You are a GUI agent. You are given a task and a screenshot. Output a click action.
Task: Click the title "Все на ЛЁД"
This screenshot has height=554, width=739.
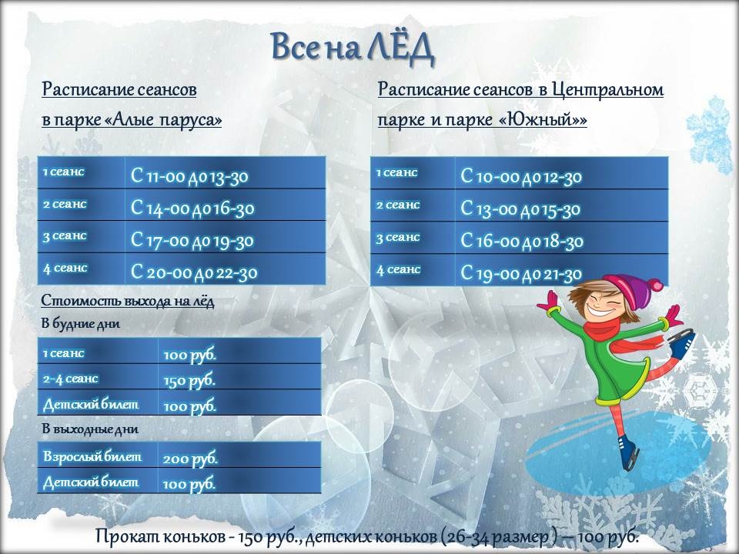click(x=353, y=48)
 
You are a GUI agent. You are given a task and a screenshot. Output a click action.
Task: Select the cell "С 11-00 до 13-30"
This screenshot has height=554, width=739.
click(x=189, y=176)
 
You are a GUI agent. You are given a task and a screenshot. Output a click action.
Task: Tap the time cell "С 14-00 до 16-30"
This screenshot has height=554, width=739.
click(x=192, y=209)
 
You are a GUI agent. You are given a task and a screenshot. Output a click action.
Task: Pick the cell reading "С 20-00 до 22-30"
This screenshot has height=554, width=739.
click(x=194, y=272)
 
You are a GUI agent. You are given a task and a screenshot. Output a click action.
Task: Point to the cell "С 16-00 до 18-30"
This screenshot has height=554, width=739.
click(x=522, y=241)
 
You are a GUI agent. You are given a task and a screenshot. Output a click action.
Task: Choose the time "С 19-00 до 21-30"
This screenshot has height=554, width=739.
click(x=521, y=272)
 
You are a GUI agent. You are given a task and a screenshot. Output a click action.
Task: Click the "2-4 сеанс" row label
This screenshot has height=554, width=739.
click(x=71, y=379)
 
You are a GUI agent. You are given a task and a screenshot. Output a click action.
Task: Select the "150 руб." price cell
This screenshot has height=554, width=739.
click(x=189, y=380)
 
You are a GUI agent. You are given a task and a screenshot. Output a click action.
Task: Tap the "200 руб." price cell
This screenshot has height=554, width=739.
click(x=190, y=458)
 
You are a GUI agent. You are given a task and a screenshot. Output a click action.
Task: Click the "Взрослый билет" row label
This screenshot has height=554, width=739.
click(x=92, y=456)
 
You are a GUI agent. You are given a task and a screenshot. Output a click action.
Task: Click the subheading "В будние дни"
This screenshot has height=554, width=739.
click(x=81, y=324)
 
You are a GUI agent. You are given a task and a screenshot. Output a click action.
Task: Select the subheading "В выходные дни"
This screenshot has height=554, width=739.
click(x=89, y=428)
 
